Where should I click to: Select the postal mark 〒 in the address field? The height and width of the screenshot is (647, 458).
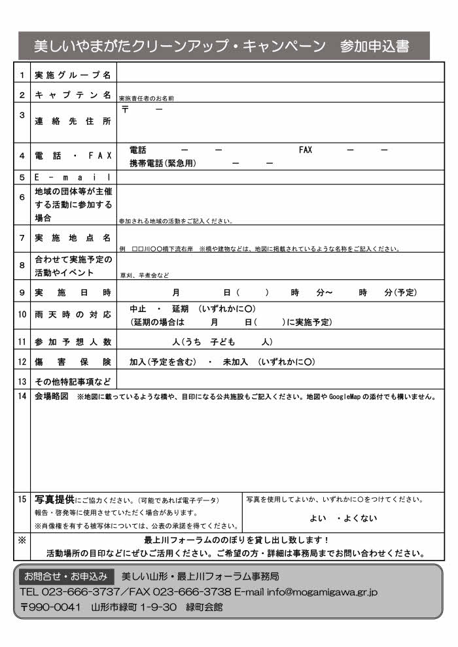point(125,109)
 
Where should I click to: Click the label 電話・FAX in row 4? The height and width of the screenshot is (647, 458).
point(73,156)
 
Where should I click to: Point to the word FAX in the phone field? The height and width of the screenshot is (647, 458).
point(306,150)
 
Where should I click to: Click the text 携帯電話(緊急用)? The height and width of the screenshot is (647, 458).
point(163,163)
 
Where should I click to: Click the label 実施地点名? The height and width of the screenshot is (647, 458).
point(73,237)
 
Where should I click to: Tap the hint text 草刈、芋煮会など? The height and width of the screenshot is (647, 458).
point(145,275)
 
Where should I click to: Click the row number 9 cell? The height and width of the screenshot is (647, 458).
point(22,292)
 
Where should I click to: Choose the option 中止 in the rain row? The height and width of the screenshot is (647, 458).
point(137,309)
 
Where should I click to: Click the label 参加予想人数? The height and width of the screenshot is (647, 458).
point(73,341)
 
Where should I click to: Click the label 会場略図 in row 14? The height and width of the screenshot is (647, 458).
point(51,396)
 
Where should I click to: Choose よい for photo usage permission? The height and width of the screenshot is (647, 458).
point(318,518)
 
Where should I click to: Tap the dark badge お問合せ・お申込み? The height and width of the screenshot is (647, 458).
point(65,576)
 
